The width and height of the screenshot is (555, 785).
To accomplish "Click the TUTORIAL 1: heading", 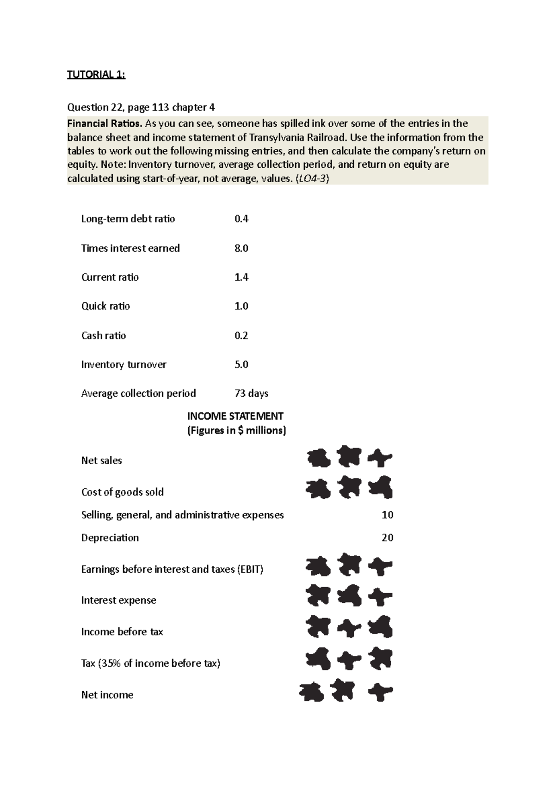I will coord(96,74).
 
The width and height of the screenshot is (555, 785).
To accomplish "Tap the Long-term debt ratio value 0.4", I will coord(241,219).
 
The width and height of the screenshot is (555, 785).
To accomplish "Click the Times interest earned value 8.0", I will coord(241,248).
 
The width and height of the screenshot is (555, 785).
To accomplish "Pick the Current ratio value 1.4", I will coord(241,277).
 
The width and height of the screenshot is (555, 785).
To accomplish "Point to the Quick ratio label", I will coord(105,306).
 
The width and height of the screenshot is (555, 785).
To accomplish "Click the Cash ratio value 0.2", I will coord(241,336).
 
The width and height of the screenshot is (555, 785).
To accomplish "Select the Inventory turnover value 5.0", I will coord(241,365).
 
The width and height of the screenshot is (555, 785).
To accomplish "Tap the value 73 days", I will coord(251,393).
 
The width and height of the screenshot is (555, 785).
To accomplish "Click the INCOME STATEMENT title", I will coord(235,416).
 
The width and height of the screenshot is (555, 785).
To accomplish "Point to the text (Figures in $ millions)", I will coord(236,430).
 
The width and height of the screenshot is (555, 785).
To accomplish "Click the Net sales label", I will coord(101,460).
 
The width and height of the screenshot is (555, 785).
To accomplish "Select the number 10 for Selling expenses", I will coord(387,515).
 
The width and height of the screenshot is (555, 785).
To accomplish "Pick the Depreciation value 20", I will coord(387,538).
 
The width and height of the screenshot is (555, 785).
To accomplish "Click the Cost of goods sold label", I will coord(122,492).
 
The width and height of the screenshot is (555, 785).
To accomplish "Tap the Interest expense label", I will coord(118,600).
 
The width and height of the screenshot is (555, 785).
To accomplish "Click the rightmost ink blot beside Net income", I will coord(380,692).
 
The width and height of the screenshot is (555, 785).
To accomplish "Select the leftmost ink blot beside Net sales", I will coord(319,458).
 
